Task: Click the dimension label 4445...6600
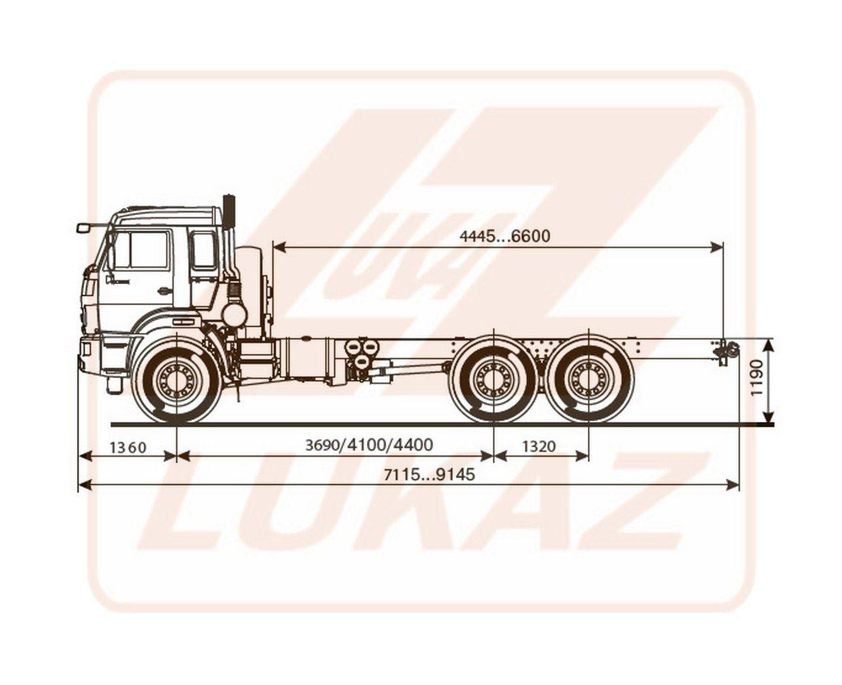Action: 504,236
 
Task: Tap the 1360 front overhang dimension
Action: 128,448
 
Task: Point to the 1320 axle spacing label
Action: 539,447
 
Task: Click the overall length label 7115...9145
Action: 430,474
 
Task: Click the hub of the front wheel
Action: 175,381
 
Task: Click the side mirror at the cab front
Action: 84,228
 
